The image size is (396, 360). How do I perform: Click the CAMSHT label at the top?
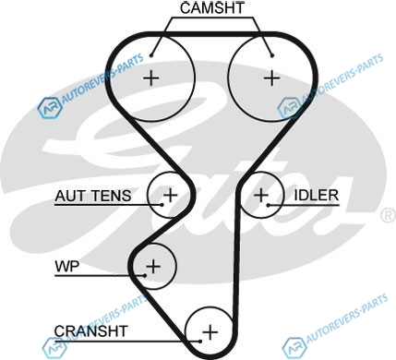(212, 8)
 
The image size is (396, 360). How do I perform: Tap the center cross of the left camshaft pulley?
(151, 78)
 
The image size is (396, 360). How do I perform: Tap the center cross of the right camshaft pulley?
(272, 78)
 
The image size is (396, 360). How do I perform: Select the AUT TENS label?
(93, 196)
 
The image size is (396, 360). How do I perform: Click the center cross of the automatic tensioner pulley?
(170, 195)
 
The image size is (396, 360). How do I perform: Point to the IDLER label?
(317, 196)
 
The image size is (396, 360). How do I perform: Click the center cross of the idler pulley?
(261, 195)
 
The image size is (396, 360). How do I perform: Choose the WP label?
(67, 266)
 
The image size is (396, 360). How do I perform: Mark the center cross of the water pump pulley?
(153, 266)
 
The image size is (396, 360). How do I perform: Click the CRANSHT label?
(90, 331)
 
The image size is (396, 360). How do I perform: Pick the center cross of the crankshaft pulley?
(210, 332)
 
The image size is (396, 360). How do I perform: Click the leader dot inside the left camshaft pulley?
(151, 55)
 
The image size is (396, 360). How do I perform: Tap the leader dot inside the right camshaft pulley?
(272, 55)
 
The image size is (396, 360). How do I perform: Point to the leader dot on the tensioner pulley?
(162, 205)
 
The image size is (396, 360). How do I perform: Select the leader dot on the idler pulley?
(269, 205)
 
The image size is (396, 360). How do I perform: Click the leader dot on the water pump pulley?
(145, 275)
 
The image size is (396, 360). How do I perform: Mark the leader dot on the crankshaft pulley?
(200, 342)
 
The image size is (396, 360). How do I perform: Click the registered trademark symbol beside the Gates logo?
(389, 215)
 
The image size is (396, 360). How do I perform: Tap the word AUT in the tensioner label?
(68, 196)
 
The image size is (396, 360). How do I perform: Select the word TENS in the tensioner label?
(108, 196)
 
